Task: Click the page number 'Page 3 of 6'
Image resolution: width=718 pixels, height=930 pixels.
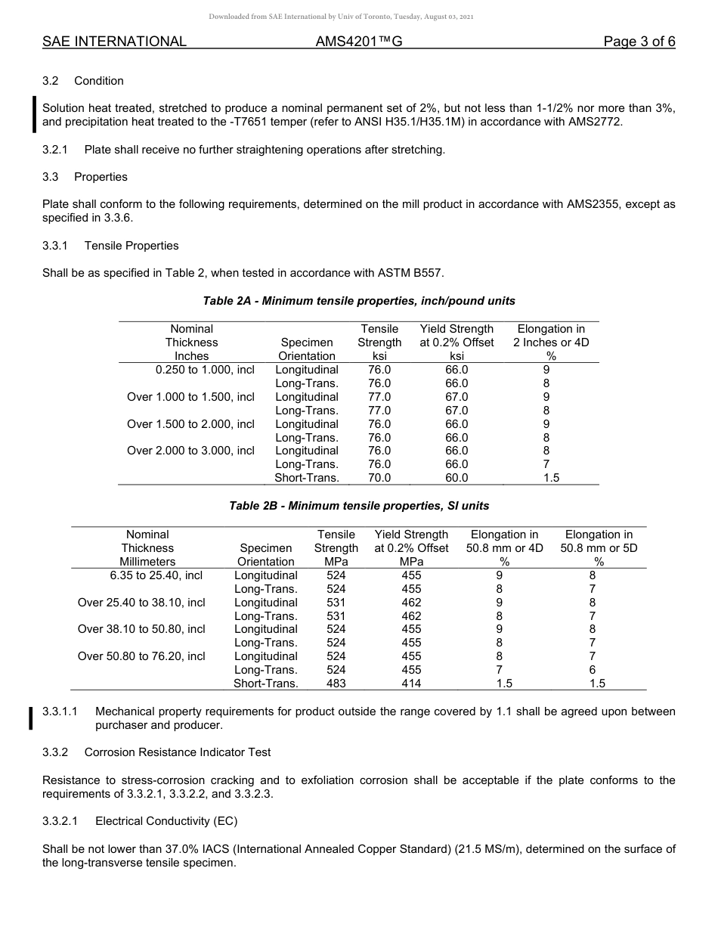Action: click(639, 42)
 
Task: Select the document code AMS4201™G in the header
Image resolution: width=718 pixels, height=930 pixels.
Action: click(359, 42)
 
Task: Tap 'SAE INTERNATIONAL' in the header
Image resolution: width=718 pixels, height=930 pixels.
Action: click(114, 42)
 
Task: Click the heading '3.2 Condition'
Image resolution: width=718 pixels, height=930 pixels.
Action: click(83, 81)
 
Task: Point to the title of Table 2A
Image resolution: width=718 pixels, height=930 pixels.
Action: click(359, 301)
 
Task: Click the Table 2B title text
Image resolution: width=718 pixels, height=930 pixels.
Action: click(359, 505)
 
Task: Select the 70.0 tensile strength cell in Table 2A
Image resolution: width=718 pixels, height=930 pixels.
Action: click(379, 478)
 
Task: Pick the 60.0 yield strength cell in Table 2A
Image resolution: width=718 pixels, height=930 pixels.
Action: click(456, 478)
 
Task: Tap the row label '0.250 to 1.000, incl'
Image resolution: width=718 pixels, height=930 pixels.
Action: click(205, 370)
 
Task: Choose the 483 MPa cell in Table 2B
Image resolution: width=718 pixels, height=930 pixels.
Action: click(336, 683)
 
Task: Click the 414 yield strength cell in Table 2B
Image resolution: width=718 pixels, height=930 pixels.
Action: click(411, 683)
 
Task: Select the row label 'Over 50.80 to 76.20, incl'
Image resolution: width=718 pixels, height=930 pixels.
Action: click(141, 656)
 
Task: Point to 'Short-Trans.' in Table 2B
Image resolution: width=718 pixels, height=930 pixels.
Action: click(266, 683)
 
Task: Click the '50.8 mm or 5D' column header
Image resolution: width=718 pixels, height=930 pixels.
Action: click(599, 548)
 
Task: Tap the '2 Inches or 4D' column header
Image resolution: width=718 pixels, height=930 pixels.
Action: click(551, 343)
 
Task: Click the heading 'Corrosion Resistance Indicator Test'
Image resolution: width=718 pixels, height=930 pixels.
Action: click(178, 752)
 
